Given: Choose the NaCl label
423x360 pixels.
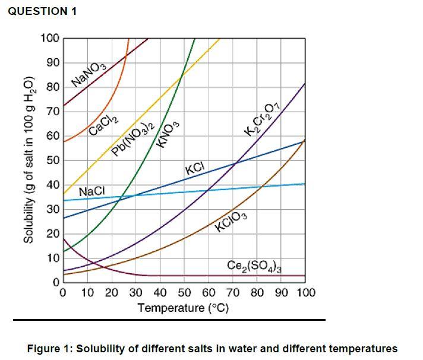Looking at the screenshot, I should tap(91, 191).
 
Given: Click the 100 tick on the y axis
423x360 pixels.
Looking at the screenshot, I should tap(50, 39).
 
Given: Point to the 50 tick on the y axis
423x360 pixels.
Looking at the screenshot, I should tap(53, 160).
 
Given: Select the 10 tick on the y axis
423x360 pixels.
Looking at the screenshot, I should tap(53, 258).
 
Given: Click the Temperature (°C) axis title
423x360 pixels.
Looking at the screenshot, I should tap(183, 308).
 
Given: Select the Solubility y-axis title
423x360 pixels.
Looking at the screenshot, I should tap(28, 160).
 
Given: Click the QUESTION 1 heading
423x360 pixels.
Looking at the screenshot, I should tap(42, 11).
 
